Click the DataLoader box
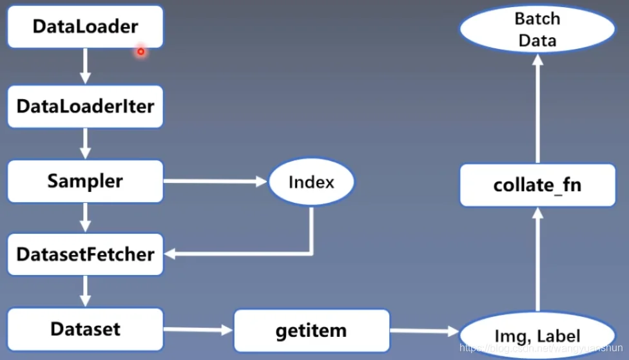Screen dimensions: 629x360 coord(86,26)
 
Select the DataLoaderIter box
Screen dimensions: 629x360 coord(86,106)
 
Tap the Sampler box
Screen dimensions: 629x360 coord(86,181)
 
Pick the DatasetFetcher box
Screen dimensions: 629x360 coord(86,254)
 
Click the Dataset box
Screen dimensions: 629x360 coord(86,329)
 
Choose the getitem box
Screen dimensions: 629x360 coord(311,330)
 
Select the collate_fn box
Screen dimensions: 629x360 coord(537,185)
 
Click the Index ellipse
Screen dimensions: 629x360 coord(311,182)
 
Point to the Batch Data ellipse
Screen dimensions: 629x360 coord(537,29)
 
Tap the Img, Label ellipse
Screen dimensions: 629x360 coord(537,335)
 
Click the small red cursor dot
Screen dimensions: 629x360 coord(140,52)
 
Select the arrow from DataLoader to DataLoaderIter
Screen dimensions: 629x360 coord(85,66)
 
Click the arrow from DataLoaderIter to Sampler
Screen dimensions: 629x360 coord(85,144)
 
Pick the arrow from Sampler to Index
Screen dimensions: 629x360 coord(215,182)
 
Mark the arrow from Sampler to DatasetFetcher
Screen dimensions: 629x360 coord(85,218)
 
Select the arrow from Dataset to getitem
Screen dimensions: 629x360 coord(198,330)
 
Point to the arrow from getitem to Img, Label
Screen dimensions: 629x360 coord(425,331)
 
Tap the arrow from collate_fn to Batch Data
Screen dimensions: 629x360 coord(537,108)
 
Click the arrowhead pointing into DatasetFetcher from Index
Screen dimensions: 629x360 coord(169,253)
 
